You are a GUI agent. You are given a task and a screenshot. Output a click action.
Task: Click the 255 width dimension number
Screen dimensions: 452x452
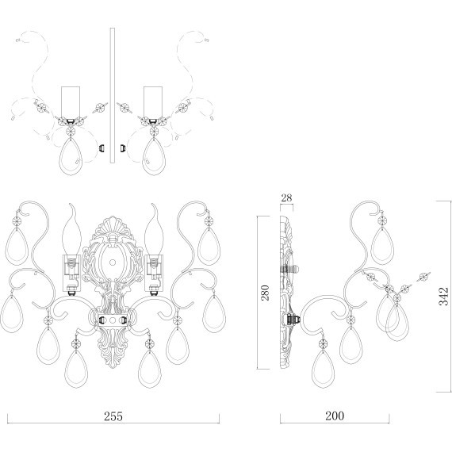[113, 416]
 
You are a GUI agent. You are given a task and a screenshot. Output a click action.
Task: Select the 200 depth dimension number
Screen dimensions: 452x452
[335, 416]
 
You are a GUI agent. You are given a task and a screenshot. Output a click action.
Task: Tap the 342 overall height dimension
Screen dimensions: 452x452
[443, 296]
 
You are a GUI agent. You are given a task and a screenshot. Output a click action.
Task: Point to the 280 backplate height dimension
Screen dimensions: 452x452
[265, 293]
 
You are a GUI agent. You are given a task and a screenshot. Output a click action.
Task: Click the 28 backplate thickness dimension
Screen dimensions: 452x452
[286, 197]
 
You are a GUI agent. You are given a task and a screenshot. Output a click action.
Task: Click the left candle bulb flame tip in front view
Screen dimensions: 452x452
[71, 204]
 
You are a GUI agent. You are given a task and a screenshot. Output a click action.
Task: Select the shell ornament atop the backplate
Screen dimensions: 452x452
[113, 226]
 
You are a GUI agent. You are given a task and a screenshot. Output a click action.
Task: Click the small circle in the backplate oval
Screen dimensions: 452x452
[113, 262]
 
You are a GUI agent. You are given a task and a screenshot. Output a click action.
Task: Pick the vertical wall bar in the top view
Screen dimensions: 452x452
[113, 95]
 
